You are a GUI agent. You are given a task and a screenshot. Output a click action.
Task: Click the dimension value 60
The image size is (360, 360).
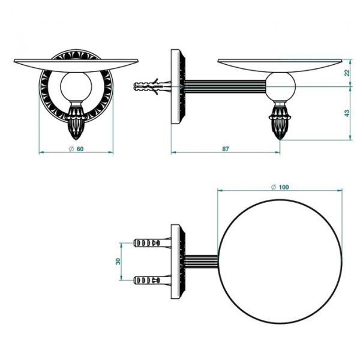[x=80, y=149]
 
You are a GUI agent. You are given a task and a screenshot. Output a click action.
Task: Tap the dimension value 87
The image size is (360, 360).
[x=226, y=149]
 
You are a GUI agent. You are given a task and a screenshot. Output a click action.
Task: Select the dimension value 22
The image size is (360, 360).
[x=347, y=73]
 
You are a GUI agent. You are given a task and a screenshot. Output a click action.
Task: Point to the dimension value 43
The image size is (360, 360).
[x=347, y=113]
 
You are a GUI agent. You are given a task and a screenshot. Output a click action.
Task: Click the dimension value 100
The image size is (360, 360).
[x=284, y=187]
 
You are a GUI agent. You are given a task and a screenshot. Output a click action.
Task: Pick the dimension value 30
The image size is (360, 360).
[x=118, y=261]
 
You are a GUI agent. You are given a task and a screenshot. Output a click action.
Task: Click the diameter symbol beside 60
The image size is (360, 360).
[x=71, y=149]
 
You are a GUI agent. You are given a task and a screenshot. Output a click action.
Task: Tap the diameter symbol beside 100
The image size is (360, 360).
[x=274, y=187]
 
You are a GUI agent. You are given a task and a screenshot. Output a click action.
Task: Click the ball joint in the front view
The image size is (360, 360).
[x=76, y=87]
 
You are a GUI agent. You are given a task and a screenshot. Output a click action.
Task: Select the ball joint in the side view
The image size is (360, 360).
[x=280, y=87]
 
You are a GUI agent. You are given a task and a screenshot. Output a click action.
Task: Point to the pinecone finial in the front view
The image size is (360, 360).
[x=76, y=121]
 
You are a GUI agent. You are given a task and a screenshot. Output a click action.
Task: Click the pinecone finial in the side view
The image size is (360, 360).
[x=280, y=121]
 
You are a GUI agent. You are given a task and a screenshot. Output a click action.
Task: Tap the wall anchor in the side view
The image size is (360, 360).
[x=152, y=87]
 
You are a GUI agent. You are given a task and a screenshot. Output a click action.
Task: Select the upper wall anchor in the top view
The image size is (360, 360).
[x=152, y=242]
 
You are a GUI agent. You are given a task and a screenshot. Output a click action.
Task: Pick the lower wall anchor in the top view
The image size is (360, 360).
[x=152, y=280]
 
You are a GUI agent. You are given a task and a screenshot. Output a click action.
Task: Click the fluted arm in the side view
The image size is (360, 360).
[x=226, y=86]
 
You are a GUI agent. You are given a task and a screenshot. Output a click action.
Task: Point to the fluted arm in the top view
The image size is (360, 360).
[x=202, y=261]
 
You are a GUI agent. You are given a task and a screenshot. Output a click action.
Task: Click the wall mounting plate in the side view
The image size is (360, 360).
[x=178, y=86]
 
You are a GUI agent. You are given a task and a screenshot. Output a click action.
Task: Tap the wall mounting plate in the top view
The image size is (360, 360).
[x=178, y=262]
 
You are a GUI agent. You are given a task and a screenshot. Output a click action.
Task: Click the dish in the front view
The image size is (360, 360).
[x=76, y=65]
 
